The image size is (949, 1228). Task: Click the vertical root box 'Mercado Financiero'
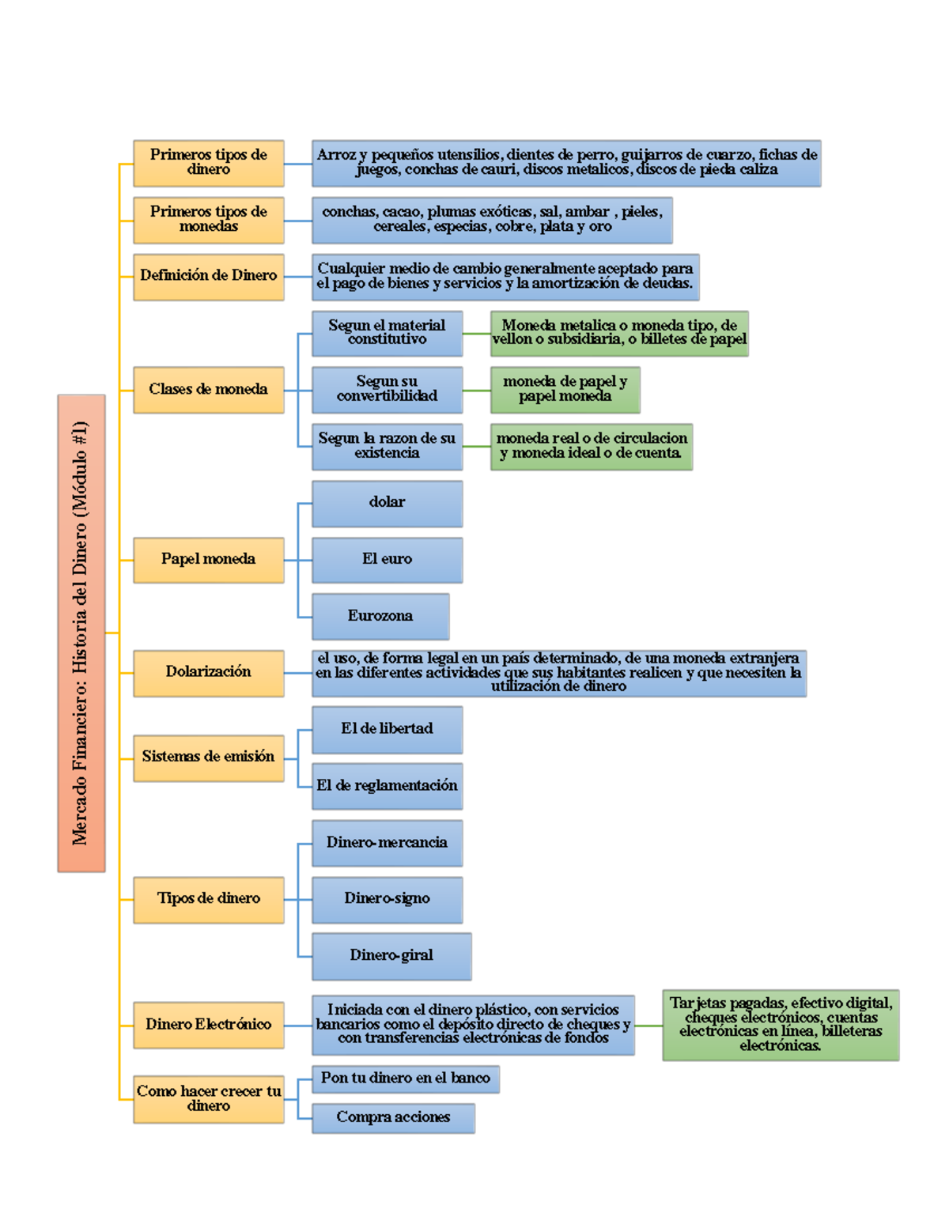click(81, 633)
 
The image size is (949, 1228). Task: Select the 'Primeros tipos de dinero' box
click(208, 163)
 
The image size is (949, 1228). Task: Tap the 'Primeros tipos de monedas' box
click(208, 220)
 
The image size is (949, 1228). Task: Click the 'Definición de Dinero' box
click(208, 276)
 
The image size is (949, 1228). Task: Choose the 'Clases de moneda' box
click(208, 389)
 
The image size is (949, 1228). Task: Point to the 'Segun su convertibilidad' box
click(387, 389)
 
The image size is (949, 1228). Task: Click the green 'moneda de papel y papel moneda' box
click(565, 389)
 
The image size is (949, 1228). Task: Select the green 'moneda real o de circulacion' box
click(591, 446)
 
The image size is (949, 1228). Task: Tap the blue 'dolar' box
click(387, 503)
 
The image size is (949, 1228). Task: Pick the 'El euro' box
click(387, 560)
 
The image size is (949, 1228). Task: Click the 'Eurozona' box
click(380, 616)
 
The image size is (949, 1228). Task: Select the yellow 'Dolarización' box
click(208, 672)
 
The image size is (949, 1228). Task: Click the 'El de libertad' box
click(387, 729)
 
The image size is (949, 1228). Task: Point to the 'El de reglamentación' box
click(387, 786)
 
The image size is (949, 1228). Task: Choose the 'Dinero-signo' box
click(387, 899)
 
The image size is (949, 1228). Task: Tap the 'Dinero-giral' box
click(391, 955)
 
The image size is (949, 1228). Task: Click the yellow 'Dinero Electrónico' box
click(208, 1025)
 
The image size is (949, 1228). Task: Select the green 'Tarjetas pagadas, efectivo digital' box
click(781, 1025)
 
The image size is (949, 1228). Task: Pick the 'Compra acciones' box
click(393, 1117)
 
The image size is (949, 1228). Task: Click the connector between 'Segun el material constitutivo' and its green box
click(476, 334)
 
